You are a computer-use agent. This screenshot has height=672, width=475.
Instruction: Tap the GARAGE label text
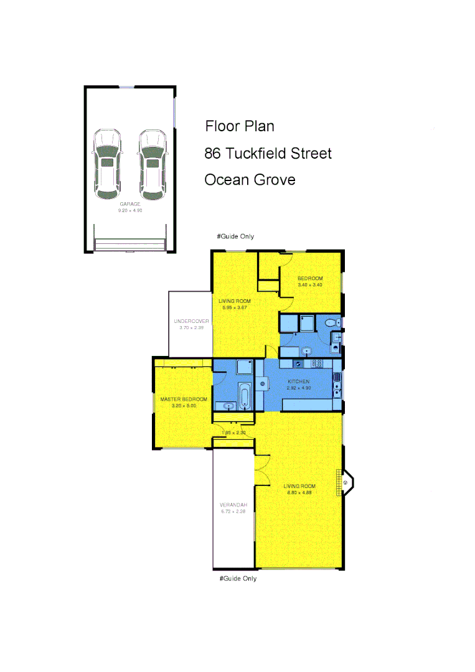[x=130, y=204]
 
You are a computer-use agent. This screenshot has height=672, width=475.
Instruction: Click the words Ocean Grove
[x=250, y=180]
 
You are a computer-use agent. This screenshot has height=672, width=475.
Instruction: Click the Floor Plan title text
[x=240, y=126]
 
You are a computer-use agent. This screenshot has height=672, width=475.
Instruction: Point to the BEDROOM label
[x=309, y=278]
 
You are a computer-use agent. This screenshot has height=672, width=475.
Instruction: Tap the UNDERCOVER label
[x=191, y=321]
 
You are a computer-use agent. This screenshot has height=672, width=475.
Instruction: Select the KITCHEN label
[x=299, y=381]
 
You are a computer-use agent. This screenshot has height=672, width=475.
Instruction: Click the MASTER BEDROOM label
[x=184, y=399]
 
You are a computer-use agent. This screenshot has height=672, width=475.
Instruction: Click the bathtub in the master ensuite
[x=244, y=395]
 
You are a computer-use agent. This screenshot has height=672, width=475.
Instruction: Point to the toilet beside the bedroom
[x=331, y=322]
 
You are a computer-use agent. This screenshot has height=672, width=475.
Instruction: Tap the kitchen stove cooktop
[x=315, y=364]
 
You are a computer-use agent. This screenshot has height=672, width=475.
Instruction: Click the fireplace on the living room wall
[x=346, y=482]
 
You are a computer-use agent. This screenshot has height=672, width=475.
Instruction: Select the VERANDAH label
[x=233, y=505]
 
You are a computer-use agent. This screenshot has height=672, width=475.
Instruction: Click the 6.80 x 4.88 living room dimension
[x=298, y=493]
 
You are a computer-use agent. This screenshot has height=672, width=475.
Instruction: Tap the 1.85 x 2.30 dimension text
[x=233, y=432]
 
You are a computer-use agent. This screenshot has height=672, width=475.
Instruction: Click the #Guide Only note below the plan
[x=238, y=579]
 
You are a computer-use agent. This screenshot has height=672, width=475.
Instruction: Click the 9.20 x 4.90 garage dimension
[x=130, y=210]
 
